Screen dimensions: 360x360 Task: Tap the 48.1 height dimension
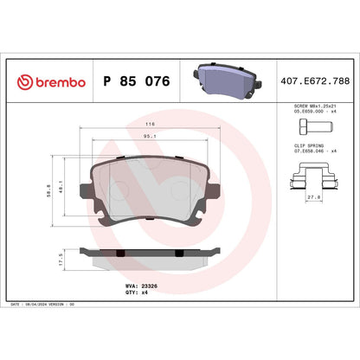tap(61, 185)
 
